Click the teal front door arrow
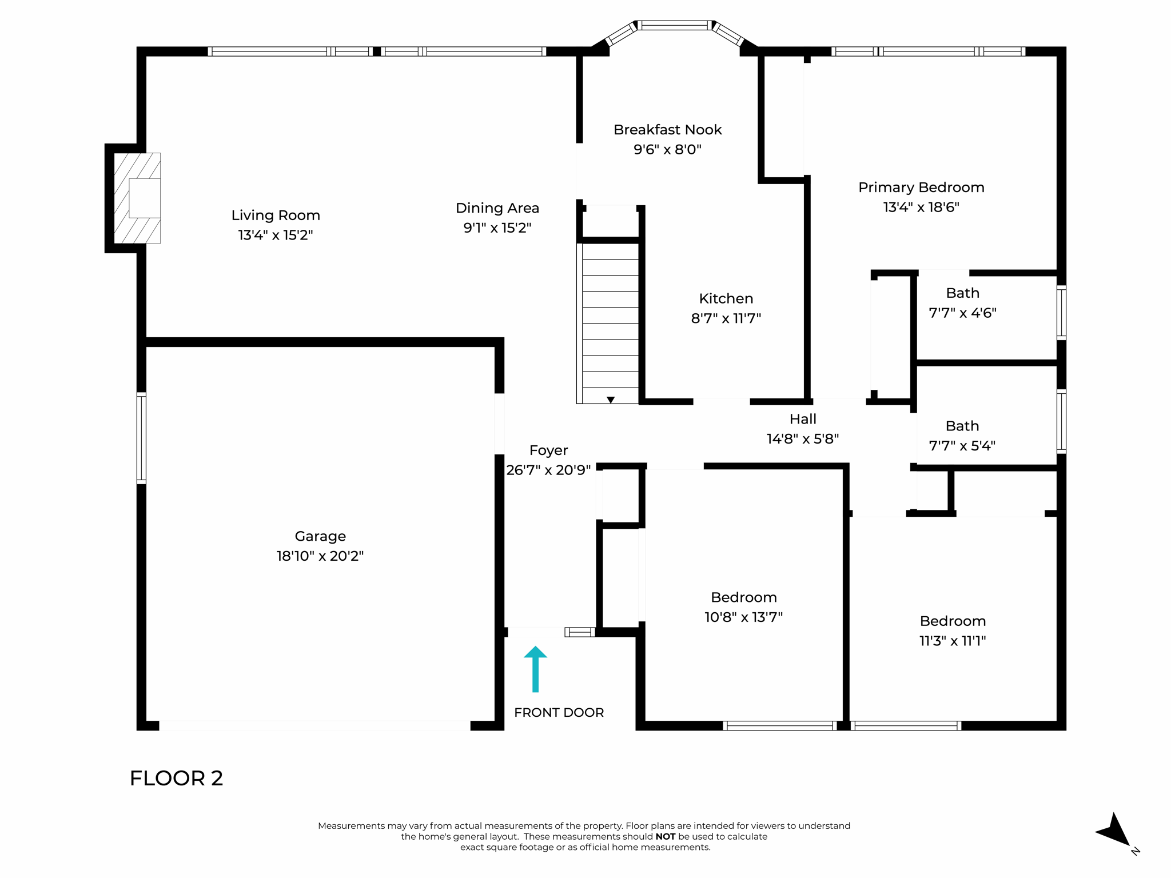[535, 669]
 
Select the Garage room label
[320, 536]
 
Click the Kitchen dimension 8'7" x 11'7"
[726, 318]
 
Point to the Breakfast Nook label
[667, 130]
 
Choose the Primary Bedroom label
[921, 187]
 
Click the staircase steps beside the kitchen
[610, 320]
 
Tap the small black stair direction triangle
[611, 400]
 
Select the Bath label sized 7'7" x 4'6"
[962, 293]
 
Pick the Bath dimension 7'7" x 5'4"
[962, 446]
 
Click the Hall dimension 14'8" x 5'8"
[802, 439]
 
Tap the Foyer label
[548, 450]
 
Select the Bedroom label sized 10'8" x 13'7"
[743, 597]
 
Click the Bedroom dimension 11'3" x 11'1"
[953, 641]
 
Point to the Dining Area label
[497, 208]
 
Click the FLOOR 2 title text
[176, 779]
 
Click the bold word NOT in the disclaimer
[665, 836]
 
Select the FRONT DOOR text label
[559, 713]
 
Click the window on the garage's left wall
[141, 438]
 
